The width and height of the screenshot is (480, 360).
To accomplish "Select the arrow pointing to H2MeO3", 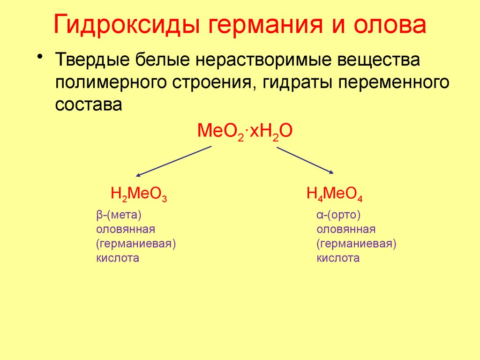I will tap(173, 161).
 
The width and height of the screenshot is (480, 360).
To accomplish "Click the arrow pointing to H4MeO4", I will tap(305, 161).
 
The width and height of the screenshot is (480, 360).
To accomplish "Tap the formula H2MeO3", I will tap(139, 194).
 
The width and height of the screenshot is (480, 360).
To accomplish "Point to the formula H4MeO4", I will tap(335, 194).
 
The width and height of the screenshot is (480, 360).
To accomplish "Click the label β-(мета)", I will tap(119, 215).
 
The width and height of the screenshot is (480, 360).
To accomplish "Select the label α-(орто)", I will tap(337, 215).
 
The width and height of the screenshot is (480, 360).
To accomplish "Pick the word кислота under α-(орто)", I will tap(338, 258).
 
